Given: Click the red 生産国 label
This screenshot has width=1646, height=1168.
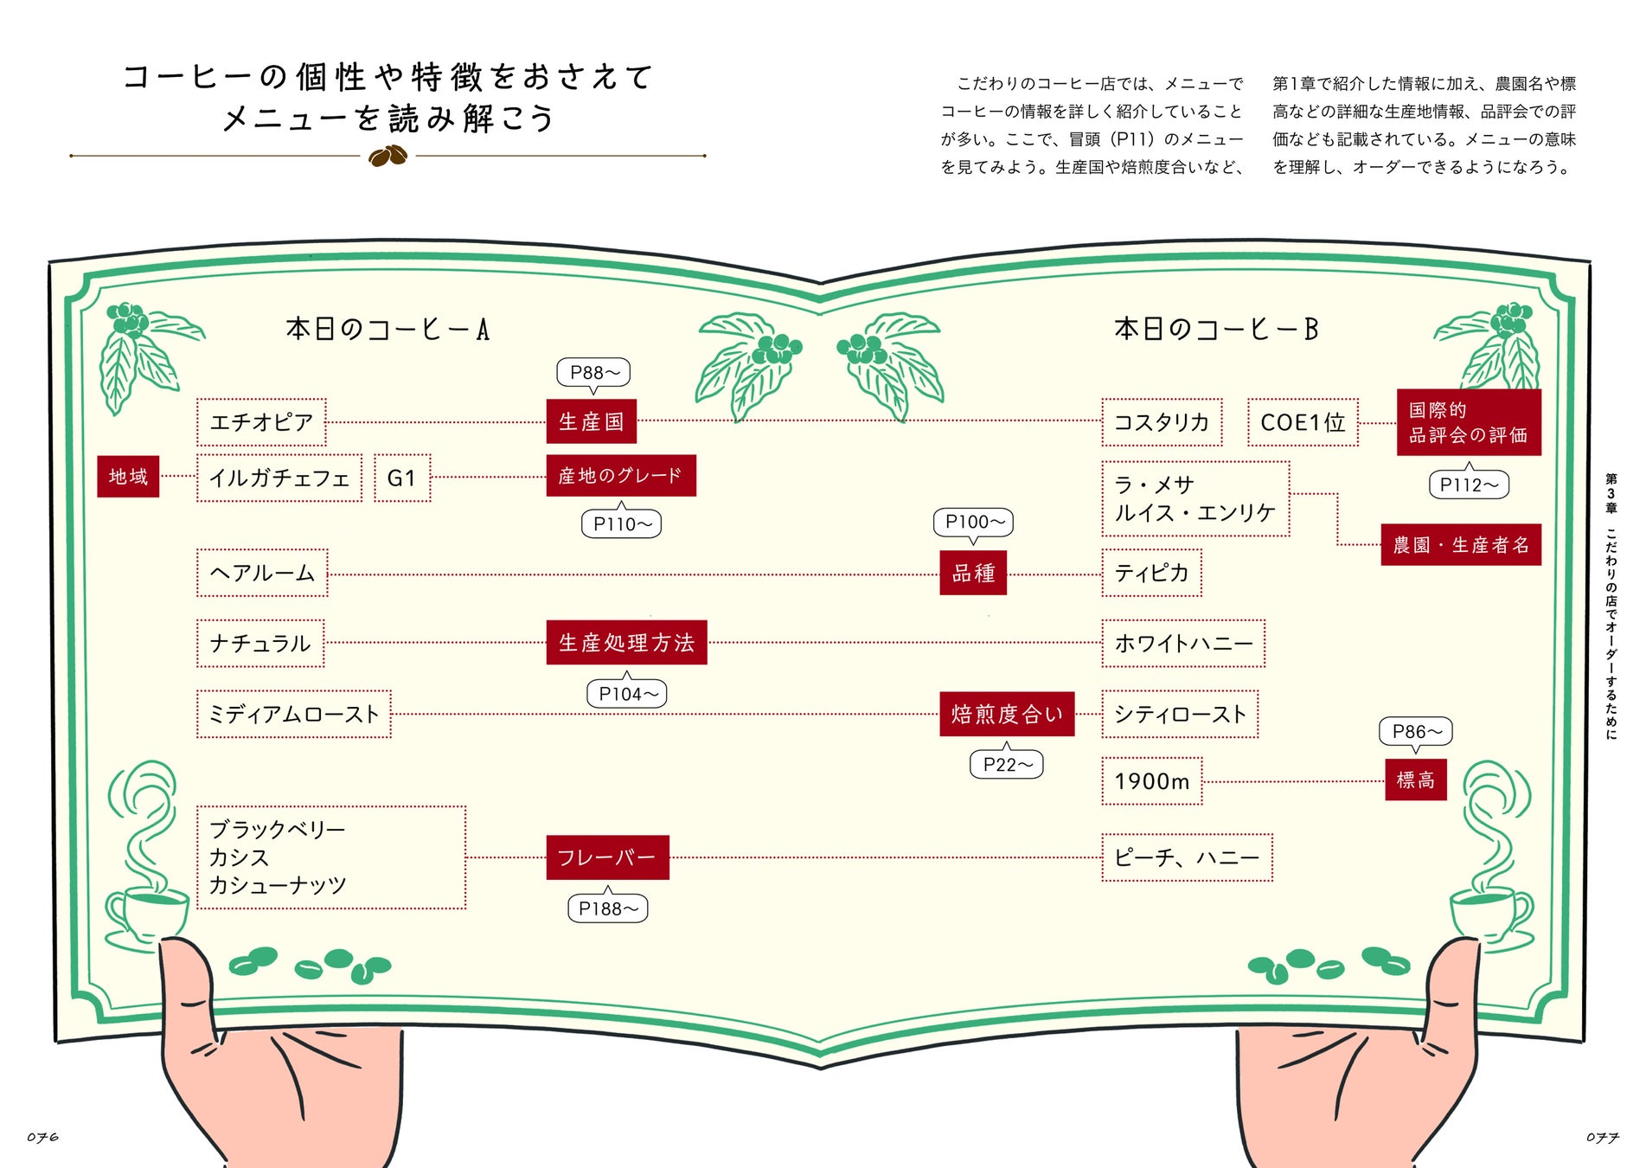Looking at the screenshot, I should point(591,421).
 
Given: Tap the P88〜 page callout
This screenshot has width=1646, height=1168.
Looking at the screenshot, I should point(593,372).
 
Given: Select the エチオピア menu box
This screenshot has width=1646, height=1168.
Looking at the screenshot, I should point(261,422).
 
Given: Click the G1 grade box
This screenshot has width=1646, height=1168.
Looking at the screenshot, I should point(402,478).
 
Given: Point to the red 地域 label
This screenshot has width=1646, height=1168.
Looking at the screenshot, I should point(128,477).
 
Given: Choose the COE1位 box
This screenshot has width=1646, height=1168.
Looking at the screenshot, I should point(1303,422).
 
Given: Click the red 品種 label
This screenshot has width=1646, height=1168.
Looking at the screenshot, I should point(973,573).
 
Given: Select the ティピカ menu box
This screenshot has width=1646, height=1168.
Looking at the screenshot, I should point(1151,573).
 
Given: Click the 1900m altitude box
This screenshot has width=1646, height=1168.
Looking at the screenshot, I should point(1152,781).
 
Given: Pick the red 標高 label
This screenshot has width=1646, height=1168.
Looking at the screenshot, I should point(1415,780).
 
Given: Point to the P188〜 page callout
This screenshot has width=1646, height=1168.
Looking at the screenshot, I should point(608,908).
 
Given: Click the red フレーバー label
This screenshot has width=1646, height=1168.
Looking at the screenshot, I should point(607,857).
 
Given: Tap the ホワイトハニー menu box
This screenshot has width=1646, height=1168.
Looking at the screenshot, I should point(1183,643).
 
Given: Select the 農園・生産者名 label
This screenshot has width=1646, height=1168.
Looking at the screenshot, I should point(1461,545).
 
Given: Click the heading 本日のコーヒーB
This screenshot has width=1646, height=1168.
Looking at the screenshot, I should point(1216,329).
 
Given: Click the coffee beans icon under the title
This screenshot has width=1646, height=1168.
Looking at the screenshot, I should point(387,156).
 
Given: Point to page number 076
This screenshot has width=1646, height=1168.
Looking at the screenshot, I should point(42,1137).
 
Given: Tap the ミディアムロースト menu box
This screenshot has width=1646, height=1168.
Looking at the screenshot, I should point(294,714).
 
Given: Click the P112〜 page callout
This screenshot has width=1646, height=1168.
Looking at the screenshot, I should point(1469,485).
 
